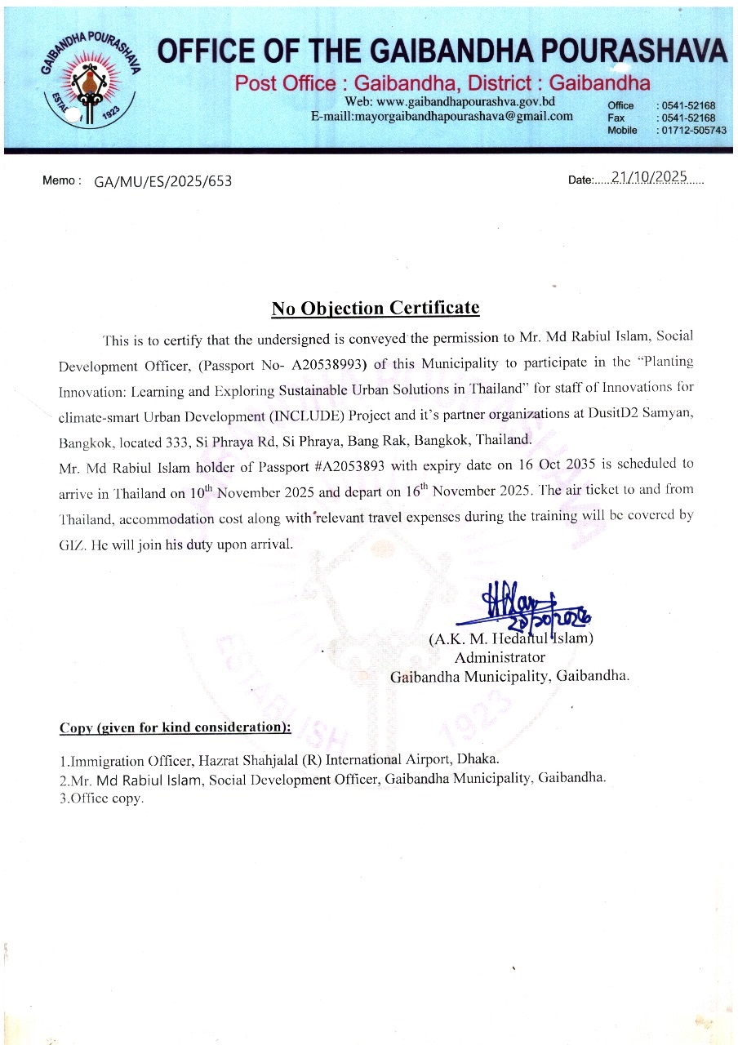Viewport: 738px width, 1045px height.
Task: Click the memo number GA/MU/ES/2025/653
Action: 163,181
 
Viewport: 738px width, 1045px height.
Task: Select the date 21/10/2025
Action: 651,177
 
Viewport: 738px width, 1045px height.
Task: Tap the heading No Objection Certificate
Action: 376,308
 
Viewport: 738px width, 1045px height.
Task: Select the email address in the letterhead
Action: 442,116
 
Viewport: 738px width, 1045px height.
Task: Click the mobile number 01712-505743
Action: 693,130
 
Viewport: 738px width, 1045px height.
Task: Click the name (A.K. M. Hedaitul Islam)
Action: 511,638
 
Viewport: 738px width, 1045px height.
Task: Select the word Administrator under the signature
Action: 500,656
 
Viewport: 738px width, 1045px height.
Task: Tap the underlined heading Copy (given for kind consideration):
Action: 175,727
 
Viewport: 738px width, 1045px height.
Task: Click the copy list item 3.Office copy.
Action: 101,798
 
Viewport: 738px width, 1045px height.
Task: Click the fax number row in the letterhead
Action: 661,118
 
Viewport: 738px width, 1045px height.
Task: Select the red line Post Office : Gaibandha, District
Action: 442,82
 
